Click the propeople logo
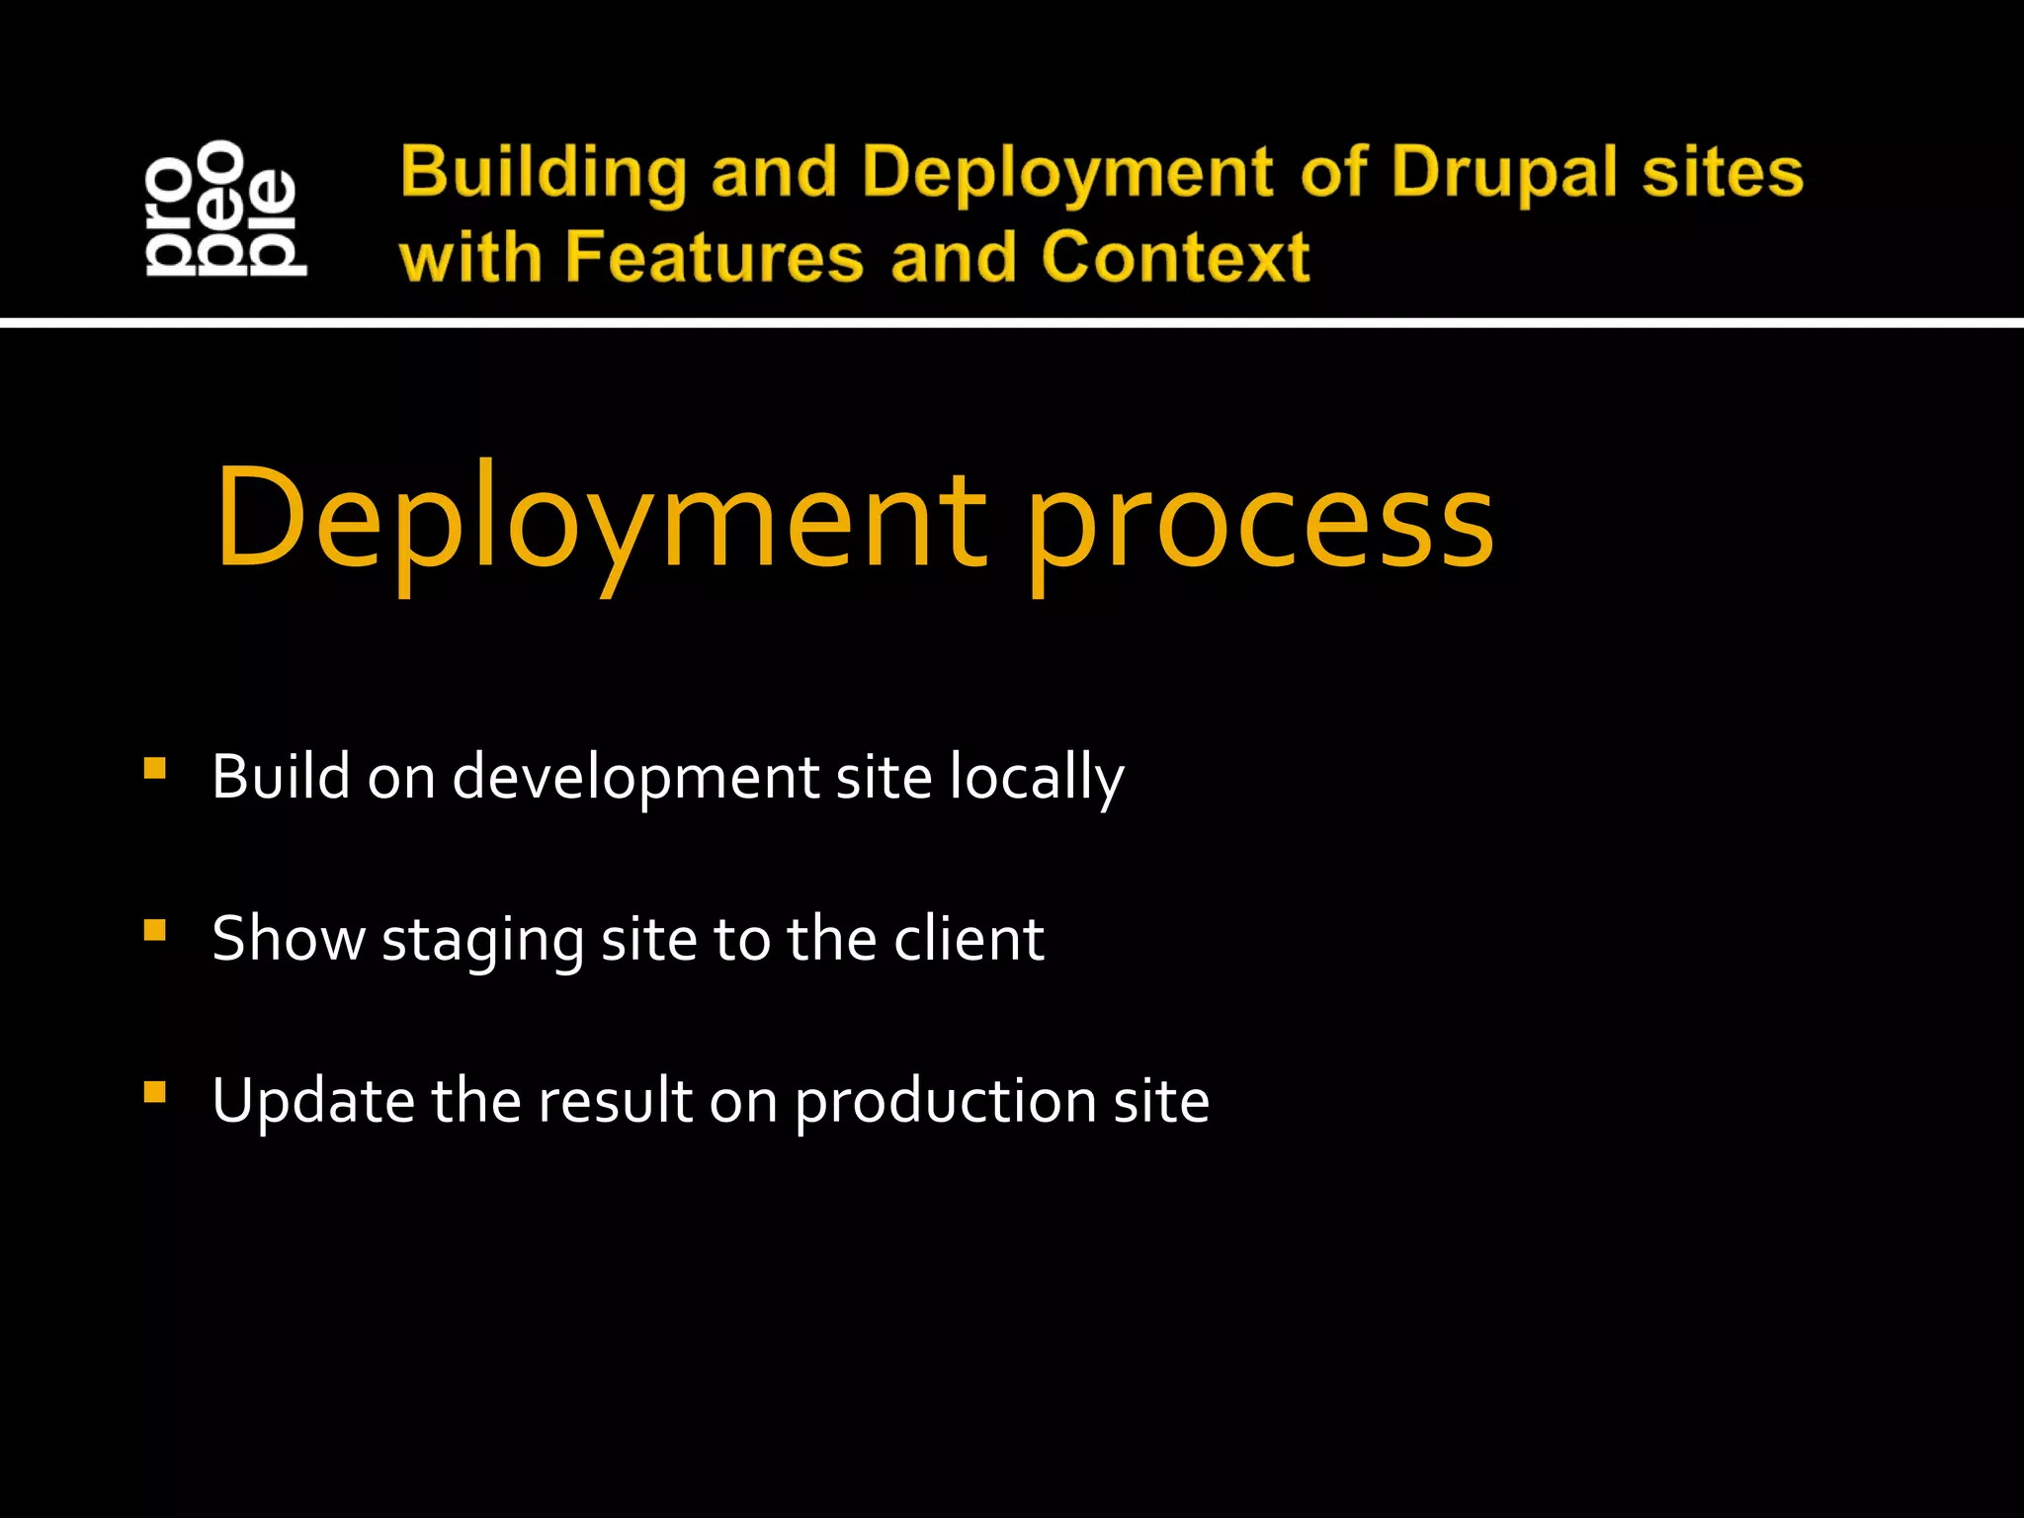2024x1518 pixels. tap(225, 209)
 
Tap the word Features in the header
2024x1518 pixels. tap(715, 257)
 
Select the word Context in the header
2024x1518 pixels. tap(1175, 257)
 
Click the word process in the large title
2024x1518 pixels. tap(1259, 524)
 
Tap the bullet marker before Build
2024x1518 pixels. tap(154, 769)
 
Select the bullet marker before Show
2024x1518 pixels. tap(154, 930)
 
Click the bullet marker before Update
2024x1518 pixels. tap(154, 1092)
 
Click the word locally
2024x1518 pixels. tap(1037, 779)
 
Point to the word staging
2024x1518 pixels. tap(483, 940)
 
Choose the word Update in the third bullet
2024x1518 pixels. tap(313, 1101)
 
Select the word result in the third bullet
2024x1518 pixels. tap(614, 1100)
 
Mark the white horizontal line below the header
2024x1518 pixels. tap(1012, 322)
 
